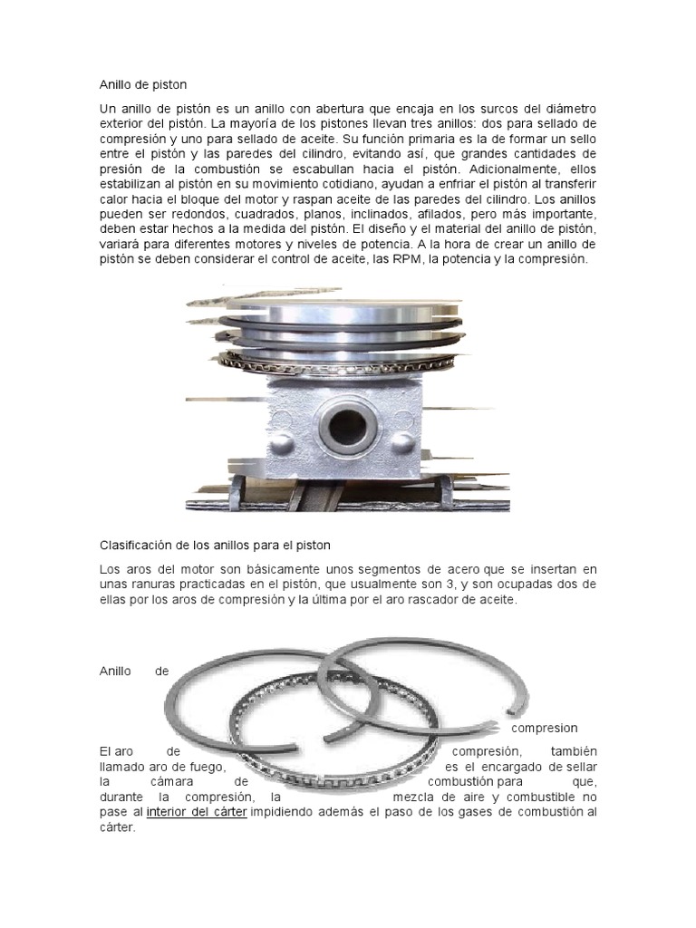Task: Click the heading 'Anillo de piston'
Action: tap(142, 84)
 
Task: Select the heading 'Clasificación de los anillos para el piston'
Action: tap(215, 545)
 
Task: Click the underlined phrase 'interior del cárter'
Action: tap(197, 812)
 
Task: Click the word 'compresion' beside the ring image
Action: tap(545, 728)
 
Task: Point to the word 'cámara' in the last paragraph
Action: tap(172, 782)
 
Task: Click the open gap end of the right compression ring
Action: tap(516, 707)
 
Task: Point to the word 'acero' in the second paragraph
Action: tap(465, 569)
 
